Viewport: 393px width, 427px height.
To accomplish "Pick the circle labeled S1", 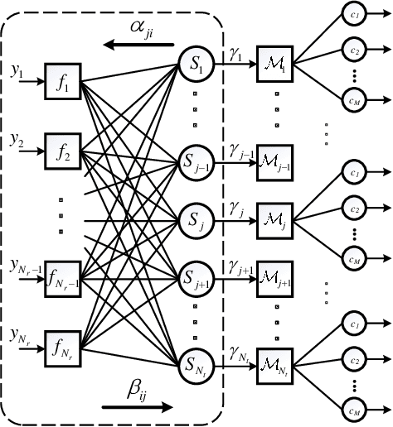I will pyautogui.click(x=195, y=62).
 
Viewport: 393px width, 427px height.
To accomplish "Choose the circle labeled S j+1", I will pyautogui.click(x=195, y=276).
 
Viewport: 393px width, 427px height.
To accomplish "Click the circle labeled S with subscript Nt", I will pyautogui.click(x=195, y=361).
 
